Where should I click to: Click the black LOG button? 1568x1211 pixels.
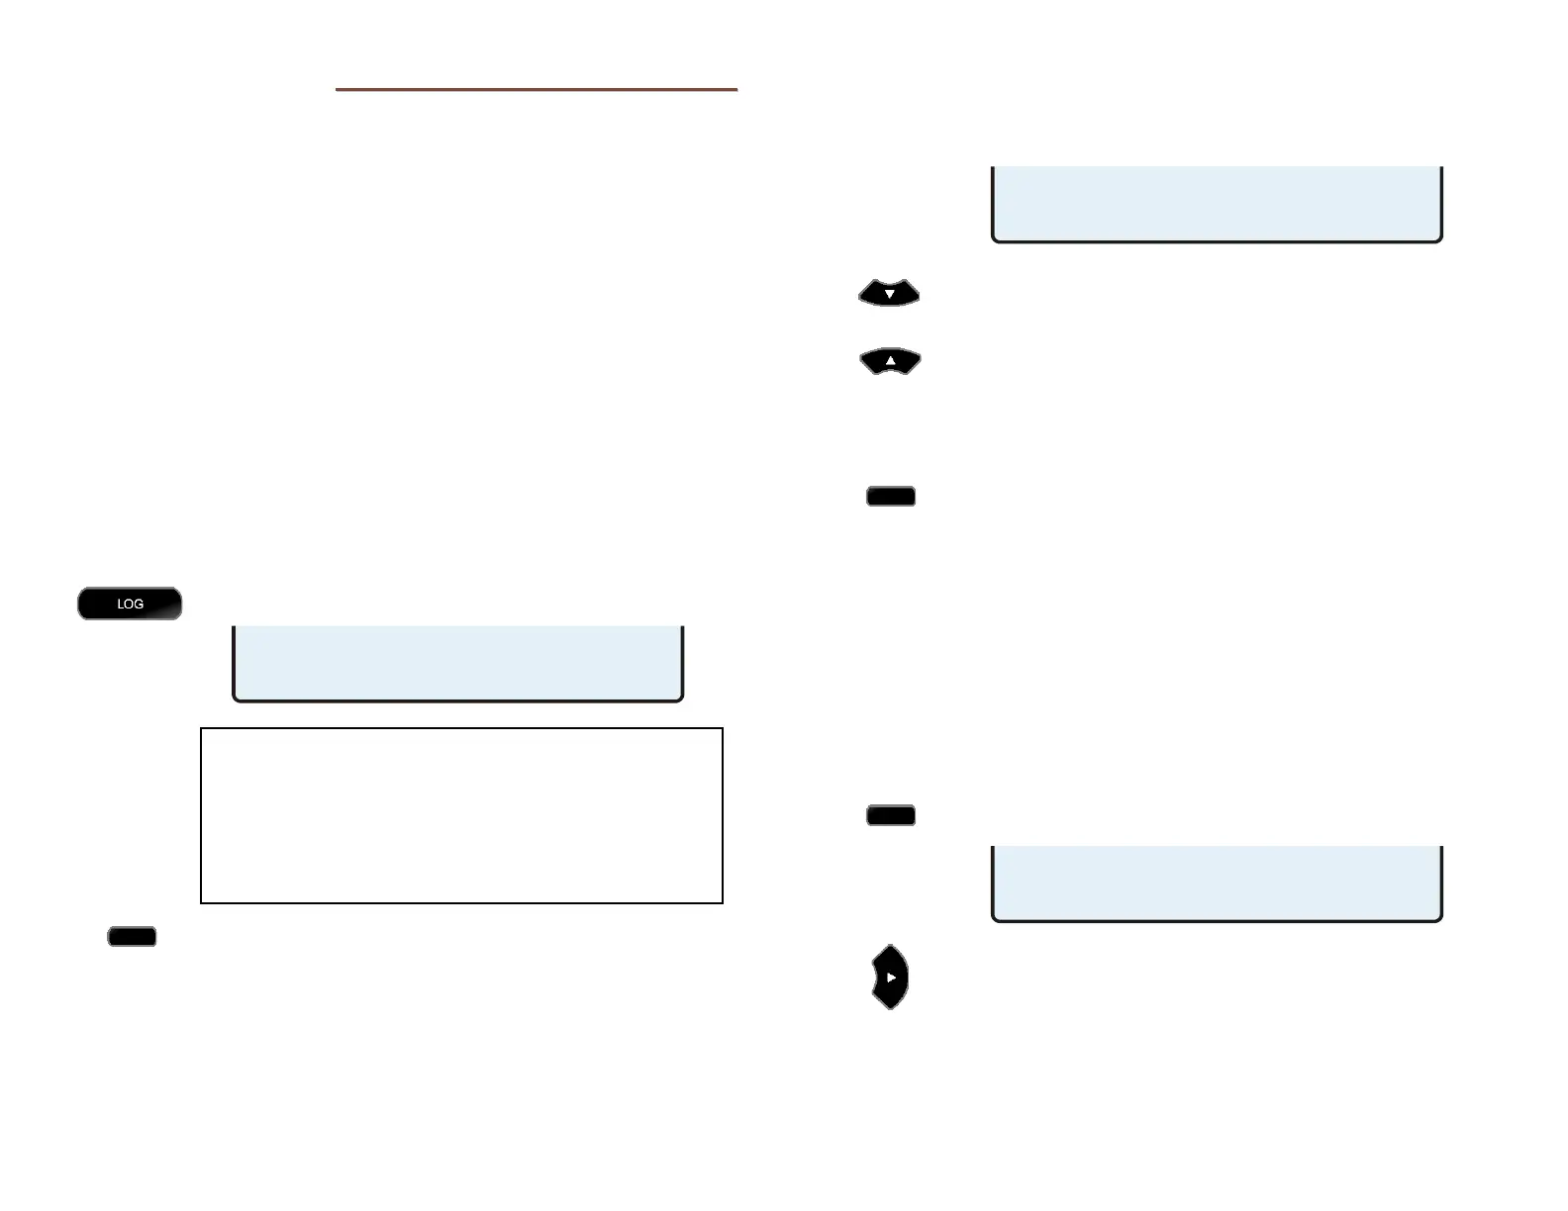[130, 604]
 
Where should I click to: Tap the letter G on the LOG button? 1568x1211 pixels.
[139, 604]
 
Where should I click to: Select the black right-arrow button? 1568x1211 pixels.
[890, 977]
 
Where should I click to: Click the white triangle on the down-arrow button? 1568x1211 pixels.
[889, 294]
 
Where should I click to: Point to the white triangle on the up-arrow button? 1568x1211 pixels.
[890, 362]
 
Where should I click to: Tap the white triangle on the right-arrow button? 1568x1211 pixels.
[892, 978]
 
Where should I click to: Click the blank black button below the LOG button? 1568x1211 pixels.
[132, 936]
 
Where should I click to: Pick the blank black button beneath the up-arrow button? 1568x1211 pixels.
[891, 496]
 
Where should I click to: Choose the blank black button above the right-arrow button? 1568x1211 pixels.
[891, 815]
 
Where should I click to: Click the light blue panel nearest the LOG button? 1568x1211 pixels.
[458, 662]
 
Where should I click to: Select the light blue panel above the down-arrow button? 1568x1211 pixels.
[1217, 203]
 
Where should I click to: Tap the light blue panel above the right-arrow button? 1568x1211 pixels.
[1217, 883]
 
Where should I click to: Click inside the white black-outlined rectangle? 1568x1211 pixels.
[461, 815]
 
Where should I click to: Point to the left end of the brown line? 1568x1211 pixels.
[337, 89]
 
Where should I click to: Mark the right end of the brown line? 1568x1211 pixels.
[737, 89]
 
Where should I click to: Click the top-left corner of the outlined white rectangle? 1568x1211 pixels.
[201, 729]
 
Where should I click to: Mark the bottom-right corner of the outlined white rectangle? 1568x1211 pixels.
[723, 902]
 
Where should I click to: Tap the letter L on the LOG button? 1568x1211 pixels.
[121, 604]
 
